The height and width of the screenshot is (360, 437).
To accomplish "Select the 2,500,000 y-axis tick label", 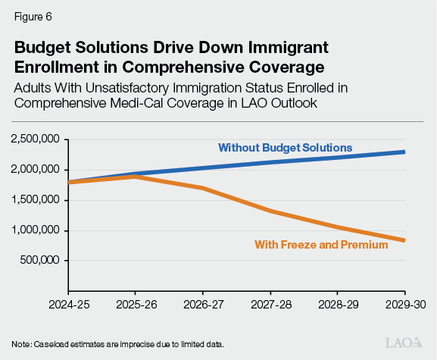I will (x=36, y=140).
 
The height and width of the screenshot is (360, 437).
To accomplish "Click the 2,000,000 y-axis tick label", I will (x=36, y=171).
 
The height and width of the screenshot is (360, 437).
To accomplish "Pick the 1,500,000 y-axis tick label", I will (x=36, y=201).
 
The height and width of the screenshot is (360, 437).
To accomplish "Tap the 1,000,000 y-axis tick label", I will (x=36, y=230).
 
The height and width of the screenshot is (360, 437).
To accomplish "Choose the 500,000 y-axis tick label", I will (x=41, y=261).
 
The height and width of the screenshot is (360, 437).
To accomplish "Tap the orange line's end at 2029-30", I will (x=404, y=240).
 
